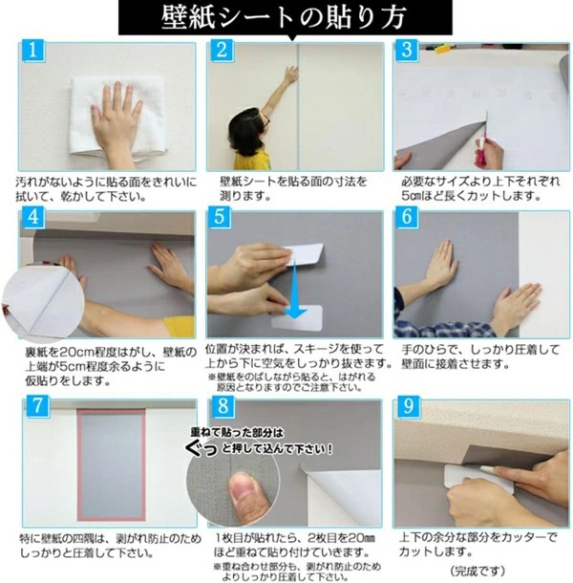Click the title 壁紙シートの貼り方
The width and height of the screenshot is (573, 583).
point(285,17)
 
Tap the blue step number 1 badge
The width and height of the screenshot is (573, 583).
point(33,51)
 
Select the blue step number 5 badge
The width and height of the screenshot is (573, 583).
point(221,216)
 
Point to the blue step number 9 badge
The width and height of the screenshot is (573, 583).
point(409,406)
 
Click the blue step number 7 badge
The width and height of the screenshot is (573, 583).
point(37,406)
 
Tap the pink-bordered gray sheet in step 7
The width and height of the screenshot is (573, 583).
point(111,464)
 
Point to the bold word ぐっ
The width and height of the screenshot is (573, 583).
point(202,449)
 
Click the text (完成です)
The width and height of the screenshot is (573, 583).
point(477,571)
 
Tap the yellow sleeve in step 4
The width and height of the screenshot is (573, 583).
point(180,327)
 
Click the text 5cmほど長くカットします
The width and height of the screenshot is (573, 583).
point(471,196)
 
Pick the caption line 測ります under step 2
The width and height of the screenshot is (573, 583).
point(245,196)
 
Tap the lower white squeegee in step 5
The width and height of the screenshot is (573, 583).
point(297,318)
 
